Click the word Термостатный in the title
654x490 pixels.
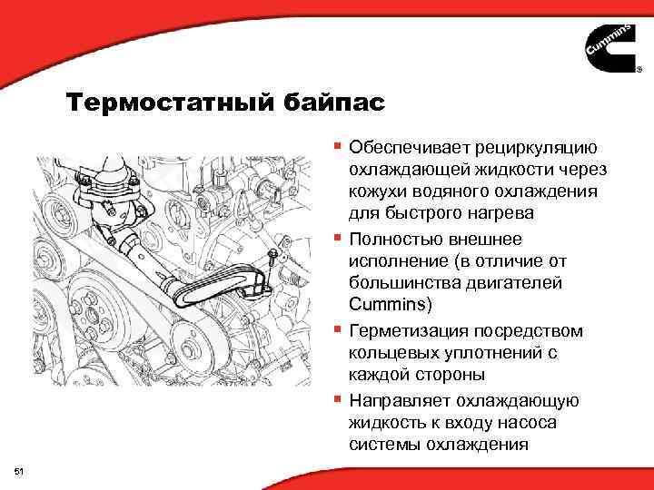(167, 103)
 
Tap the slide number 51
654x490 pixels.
(20, 470)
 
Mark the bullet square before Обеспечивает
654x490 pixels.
(337, 145)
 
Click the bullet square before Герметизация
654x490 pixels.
(337, 329)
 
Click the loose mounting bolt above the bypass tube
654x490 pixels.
(272, 257)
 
